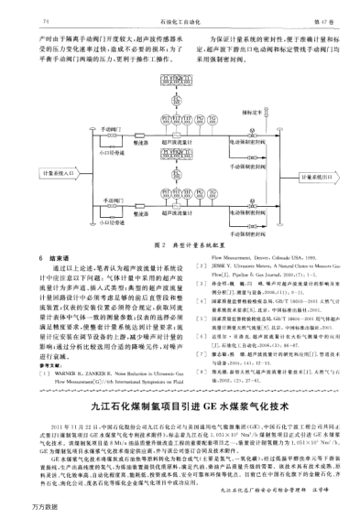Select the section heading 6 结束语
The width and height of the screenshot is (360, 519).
pos(55,258)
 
